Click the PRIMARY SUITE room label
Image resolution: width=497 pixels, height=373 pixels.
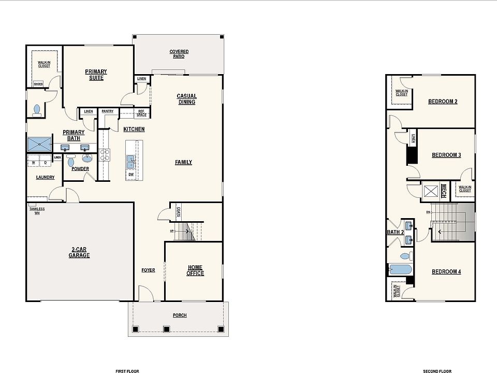(x=96, y=75)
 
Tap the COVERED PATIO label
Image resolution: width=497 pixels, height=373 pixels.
(x=179, y=54)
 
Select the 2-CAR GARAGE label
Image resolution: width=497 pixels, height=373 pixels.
(x=80, y=252)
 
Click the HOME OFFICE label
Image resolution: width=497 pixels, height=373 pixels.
(x=195, y=270)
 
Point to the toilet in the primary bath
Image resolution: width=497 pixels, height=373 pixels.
(x=36, y=109)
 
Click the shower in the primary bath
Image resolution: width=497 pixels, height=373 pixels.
(x=40, y=144)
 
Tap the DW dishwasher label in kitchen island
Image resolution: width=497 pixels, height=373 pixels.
(x=132, y=175)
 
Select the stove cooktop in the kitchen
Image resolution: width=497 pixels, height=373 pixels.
(x=105, y=154)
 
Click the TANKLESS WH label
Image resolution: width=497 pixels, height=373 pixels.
(x=37, y=211)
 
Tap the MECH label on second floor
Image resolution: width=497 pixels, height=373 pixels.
(x=443, y=191)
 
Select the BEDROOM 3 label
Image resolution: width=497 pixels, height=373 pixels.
(x=446, y=155)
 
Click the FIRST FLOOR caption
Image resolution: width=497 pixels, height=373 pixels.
(x=127, y=371)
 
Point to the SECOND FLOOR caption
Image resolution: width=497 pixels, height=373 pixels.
(x=437, y=371)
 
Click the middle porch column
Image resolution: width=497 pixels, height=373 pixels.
(x=166, y=328)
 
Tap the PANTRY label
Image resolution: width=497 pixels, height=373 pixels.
(x=108, y=111)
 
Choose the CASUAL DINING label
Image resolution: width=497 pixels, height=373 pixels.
(x=186, y=99)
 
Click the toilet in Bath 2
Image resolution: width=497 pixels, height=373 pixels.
(x=406, y=256)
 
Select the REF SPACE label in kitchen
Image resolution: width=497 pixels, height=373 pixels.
(x=141, y=113)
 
